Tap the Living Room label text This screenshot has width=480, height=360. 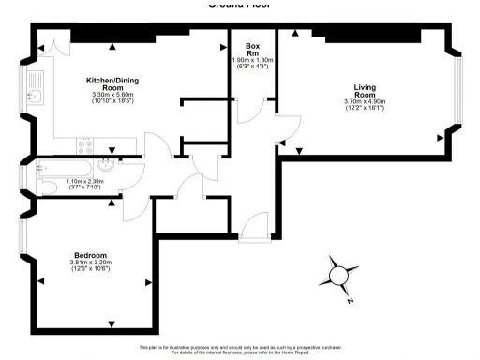coord(358,91)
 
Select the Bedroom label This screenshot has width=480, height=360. coord(91,255)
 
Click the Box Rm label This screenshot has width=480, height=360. coord(252,50)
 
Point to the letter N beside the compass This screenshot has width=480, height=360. coord(349,301)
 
